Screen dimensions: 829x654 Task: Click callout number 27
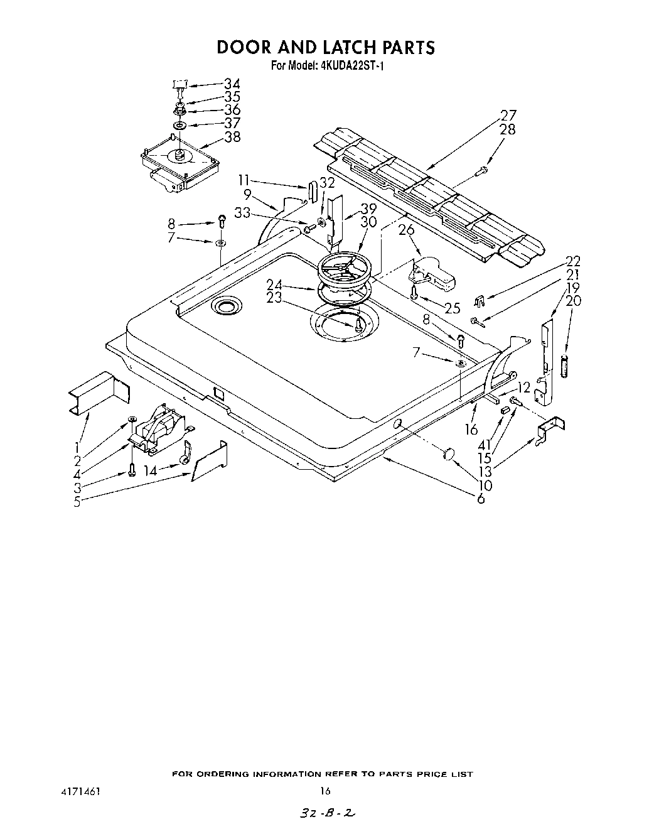point(508,116)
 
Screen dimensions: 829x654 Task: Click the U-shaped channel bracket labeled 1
point(98,394)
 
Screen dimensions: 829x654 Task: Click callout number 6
point(481,499)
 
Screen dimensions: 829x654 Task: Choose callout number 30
point(368,222)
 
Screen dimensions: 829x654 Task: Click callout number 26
point(407,230)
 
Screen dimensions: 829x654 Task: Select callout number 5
point(77,502)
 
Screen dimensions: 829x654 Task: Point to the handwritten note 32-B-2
point(325,813)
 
